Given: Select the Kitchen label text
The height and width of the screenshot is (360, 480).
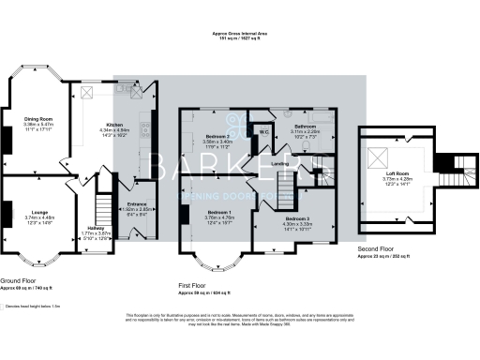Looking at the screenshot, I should (113, 124).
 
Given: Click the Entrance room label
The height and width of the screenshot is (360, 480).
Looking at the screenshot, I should (137, 203).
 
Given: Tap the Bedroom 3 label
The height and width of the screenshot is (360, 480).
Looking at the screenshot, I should (297, 217).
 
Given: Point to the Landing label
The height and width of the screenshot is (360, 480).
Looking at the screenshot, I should (279, 165).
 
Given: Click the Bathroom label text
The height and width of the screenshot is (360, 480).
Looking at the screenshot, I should (306, 126).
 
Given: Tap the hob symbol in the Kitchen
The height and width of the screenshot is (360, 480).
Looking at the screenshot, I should (144, 124).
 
